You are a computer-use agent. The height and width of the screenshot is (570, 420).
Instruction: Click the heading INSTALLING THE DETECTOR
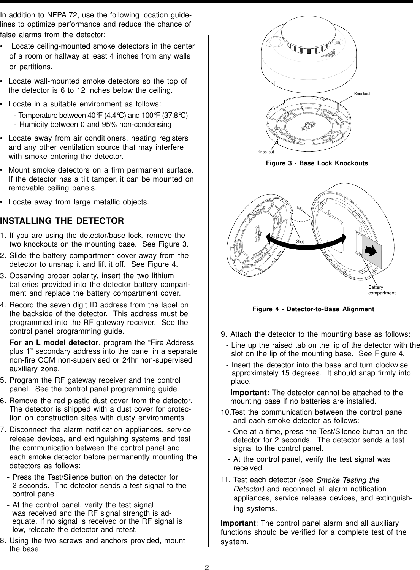tap(62, 221)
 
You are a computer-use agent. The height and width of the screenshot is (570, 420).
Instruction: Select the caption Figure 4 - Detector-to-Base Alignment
tap(313, 309)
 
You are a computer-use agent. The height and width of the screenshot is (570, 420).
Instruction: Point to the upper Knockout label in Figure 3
tap(362, 93)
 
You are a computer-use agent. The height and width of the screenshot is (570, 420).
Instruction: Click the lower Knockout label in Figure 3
tap(266, 152)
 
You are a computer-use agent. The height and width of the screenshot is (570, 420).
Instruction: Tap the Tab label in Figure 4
tap(300, 208)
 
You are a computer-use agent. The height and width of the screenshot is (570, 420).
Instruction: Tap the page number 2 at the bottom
tap(207, 557)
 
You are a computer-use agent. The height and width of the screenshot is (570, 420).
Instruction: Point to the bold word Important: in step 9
tap(250, 392)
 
